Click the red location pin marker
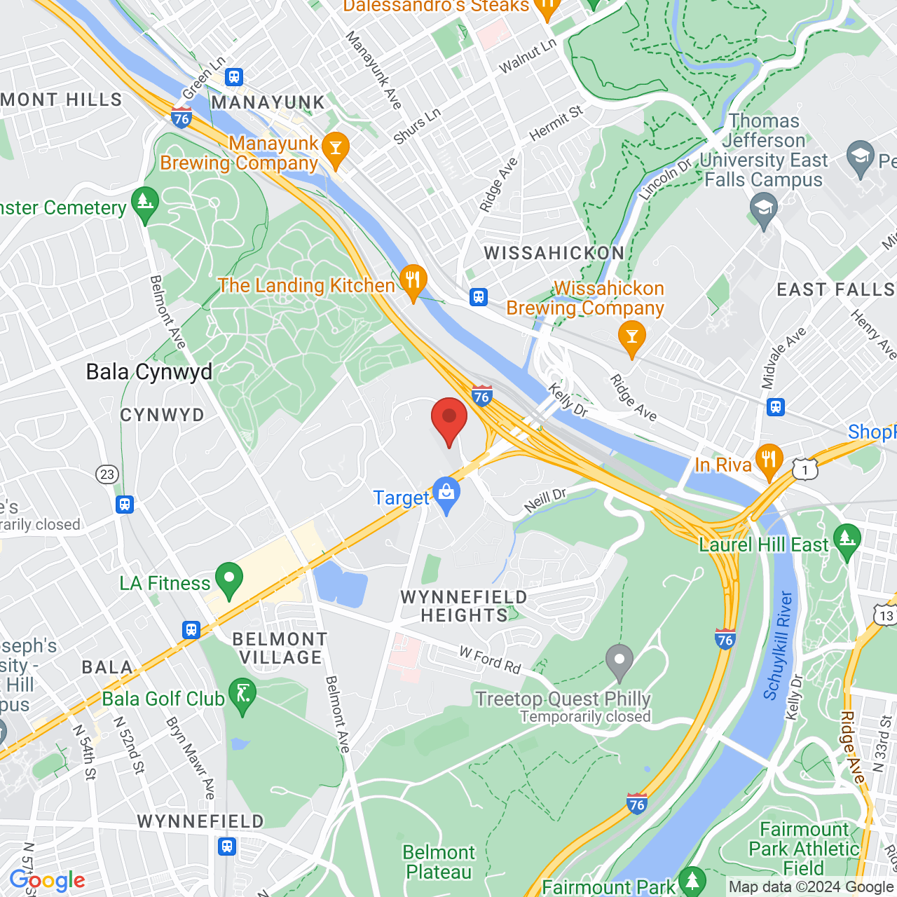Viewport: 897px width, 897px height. tap(448, 419)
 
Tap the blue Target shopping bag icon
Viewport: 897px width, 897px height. tap(446, 495)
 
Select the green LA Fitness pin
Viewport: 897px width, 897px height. tap(229, 580)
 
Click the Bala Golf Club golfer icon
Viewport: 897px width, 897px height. tap(242, 696)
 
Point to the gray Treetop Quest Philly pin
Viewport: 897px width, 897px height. tap(619, 660)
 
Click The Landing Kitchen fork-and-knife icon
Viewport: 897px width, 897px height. tap(413, 282)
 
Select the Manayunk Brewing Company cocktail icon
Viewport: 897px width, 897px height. tap(336, 149)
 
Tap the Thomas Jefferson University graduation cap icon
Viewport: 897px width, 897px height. tap(764, 209)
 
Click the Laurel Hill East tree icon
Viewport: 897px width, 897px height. tap(847, 540)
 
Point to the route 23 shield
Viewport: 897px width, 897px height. tap(107, 474)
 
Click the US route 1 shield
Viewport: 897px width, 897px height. tap(806, 469)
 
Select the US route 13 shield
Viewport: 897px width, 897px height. tap(886, 615)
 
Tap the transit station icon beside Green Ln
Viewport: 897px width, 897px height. tap(234, 77)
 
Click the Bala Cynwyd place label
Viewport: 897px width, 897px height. tap(149, 372)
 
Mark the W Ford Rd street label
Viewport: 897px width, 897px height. tap(490, 660)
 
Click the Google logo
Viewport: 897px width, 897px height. tap(48, 880)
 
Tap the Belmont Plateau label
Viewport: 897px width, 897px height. tap(439, 862)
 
